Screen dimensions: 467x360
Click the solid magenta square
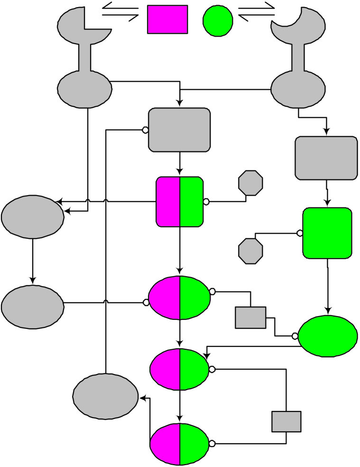click(167, 19)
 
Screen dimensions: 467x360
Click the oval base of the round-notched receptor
click(298, 89)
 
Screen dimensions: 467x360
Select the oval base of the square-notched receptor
click(84, 89)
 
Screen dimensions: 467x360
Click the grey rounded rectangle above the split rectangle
click(179, 130)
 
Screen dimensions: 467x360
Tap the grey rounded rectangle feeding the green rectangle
click(326, 158)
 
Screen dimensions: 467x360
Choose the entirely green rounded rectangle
click(327, 233)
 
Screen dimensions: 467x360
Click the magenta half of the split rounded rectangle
click(168, 201)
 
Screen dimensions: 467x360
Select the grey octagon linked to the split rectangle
click(250, 183)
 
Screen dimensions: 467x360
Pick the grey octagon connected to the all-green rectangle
click(250, 251)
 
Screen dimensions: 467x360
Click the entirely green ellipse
click(328, 336)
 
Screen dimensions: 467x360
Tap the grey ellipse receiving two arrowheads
click(32, 216)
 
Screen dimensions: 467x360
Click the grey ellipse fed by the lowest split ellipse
click(105, 396)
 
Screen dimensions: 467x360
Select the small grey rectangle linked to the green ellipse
click(250, 318)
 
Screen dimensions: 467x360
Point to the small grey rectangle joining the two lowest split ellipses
click(286, 421)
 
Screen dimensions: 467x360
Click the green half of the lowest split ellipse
click(194, 444)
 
